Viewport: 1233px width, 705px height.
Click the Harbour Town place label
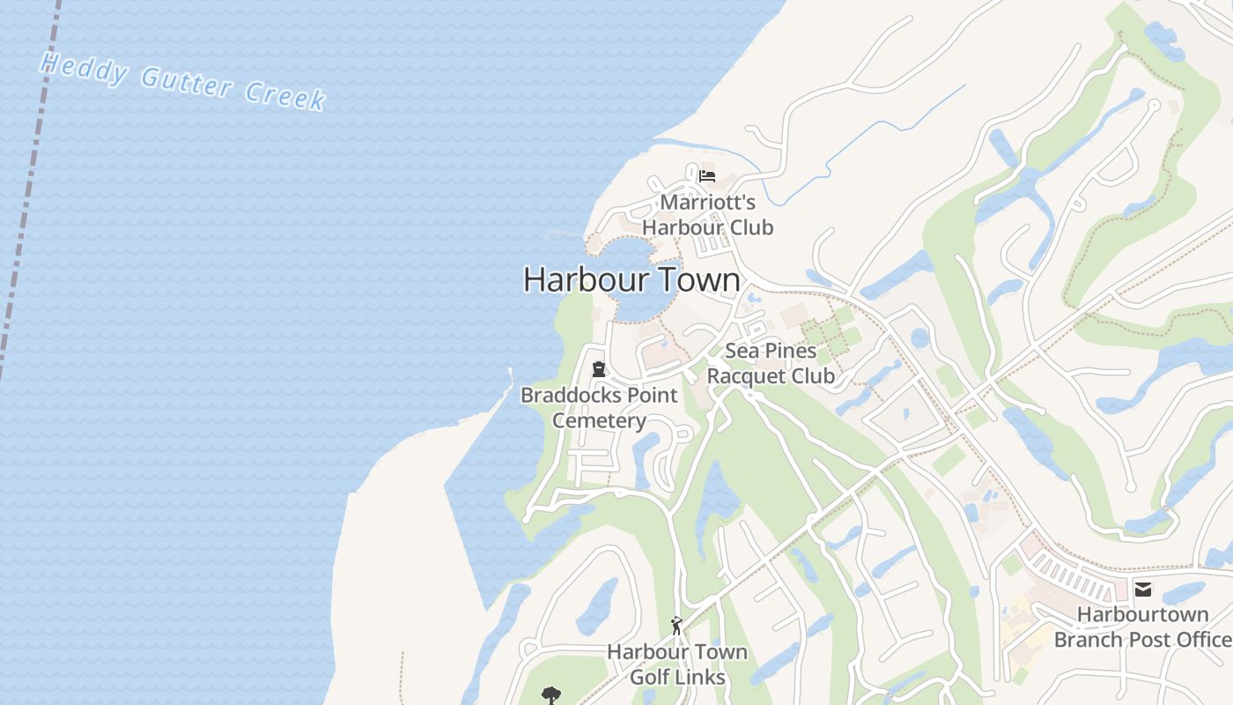point(631,279)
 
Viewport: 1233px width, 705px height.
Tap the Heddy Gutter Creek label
point(183,82)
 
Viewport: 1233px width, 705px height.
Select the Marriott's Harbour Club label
point(707,215)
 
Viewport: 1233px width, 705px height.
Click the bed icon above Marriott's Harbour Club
point(706,175)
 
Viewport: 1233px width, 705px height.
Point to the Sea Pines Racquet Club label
point(771,363)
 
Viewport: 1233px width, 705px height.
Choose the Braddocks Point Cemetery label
point(599,407)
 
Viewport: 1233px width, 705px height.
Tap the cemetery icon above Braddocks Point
point(599,368)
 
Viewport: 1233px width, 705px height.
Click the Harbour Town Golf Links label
point(677,664)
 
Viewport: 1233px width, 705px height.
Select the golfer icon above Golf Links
point(676,626)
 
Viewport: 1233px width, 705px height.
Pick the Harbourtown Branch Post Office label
point(1142,627)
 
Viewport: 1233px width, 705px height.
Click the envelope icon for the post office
point(1143,590)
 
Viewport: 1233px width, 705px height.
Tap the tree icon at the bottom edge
point(551,695)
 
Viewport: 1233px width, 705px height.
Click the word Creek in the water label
point(285,94)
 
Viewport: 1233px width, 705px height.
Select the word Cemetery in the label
point(599,420)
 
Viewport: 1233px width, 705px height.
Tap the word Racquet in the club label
point(745,376)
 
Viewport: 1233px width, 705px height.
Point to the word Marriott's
point(707,202)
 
